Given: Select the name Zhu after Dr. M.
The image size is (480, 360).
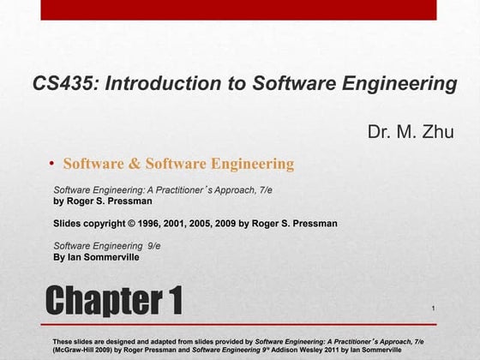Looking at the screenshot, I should pos(438,131).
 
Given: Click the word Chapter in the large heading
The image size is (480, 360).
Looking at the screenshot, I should pos(99,300).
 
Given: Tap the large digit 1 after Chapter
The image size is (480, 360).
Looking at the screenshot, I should pos(172,300).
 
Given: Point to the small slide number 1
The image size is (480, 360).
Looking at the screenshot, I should pos(435,308).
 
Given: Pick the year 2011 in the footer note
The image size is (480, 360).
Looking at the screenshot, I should pos(347,351).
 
